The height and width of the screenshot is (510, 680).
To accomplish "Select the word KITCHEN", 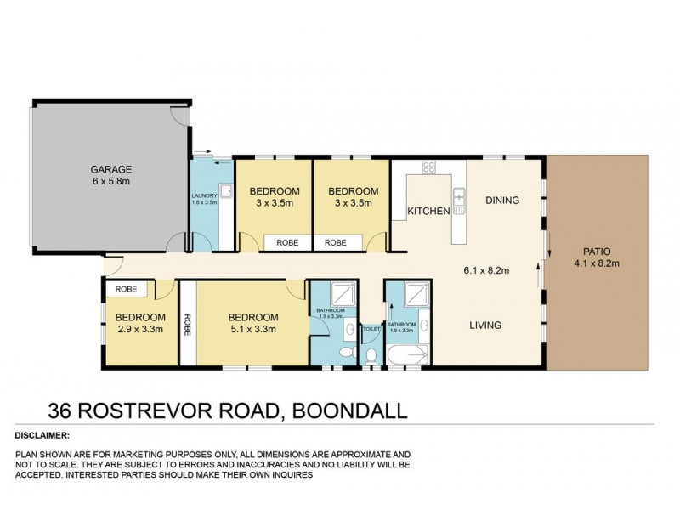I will click(428, 212).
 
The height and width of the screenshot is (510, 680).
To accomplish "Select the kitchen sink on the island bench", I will click(459, 198).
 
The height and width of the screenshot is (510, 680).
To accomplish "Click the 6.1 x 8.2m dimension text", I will click(486, 271).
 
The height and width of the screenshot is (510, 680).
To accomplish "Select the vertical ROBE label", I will click(186, 322).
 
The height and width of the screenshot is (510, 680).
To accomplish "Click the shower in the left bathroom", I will click(331, 294).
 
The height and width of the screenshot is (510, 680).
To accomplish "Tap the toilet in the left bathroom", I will click(346, 352).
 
